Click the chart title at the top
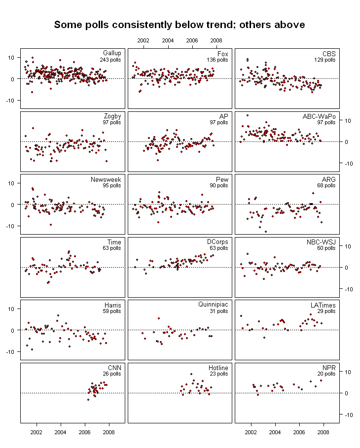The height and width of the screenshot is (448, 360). (180, 25)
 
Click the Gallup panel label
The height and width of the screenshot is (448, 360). (112, 53)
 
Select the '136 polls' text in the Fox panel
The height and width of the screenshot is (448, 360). (217, 60)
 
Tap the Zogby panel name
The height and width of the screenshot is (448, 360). (112, 116)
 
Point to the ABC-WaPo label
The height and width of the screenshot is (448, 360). (319, 116)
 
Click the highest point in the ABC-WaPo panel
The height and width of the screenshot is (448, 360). (248, 115)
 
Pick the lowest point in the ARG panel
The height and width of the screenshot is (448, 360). (266, 232)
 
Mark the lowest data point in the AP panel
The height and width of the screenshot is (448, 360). (158, 160)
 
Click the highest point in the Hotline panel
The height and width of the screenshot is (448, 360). (191, 374)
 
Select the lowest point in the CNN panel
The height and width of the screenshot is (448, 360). (88, 400)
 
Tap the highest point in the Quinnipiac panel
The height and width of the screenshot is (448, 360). (159, 318)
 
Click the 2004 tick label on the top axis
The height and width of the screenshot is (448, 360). (168, 40)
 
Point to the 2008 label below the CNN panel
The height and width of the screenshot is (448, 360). (108, 432)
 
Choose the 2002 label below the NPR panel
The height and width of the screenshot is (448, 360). (251, 432)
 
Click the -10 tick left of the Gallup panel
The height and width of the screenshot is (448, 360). (10, 101)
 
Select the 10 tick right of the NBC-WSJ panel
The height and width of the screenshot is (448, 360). (348, 246)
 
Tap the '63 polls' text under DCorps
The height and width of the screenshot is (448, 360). (219, 248)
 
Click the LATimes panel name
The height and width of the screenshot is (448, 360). (323, 305)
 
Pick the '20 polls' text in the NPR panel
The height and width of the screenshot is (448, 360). (326, 374)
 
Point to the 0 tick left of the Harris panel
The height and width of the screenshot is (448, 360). (12, 331)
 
